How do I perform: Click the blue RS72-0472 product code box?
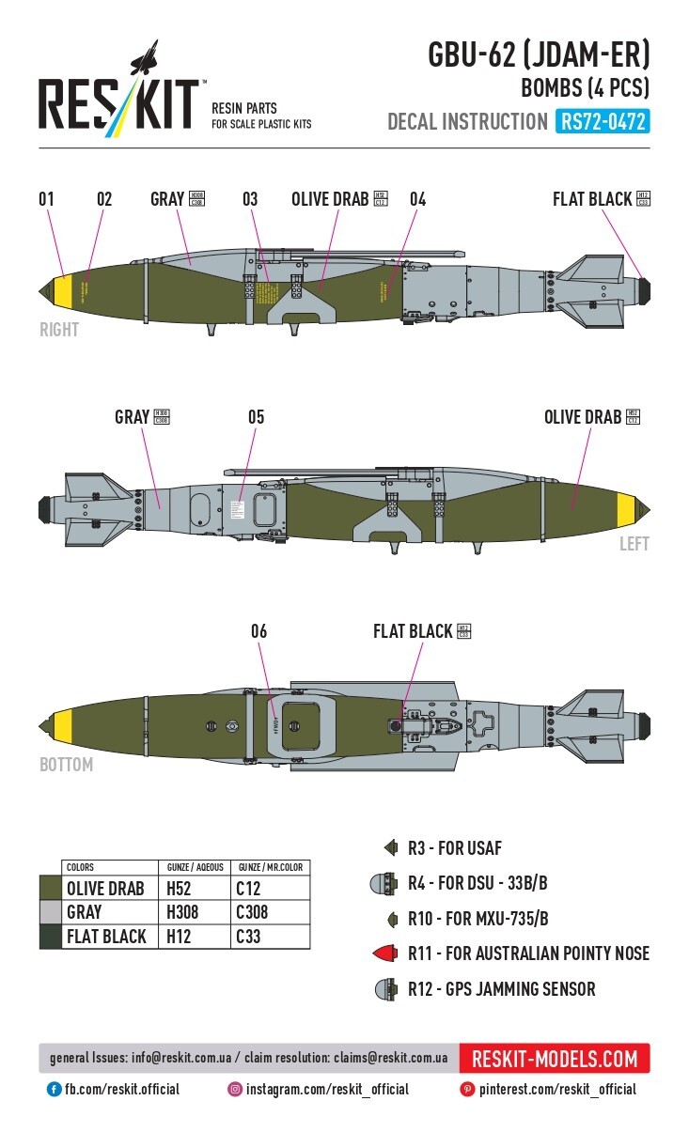point(603,122)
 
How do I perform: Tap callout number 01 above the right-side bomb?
point(46,199)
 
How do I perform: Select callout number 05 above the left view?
point(257,416)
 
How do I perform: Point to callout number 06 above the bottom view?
point(258,631)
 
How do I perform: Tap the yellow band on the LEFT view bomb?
point(624,508)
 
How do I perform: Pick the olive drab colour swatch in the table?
point(50,888)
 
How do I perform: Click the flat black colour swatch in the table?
point(50,936)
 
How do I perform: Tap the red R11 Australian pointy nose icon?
point(384,954)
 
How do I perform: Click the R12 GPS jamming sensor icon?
point(384,989)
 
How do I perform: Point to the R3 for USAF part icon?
point(388,848)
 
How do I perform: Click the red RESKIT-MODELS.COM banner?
point(555,1059)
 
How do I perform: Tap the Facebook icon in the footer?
point(55,1090)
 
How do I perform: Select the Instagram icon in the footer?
point(234,1090)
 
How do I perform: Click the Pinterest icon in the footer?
point(467,1090)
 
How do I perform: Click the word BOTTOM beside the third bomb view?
point(66,765)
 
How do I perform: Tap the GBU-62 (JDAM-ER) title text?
point(539,56)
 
